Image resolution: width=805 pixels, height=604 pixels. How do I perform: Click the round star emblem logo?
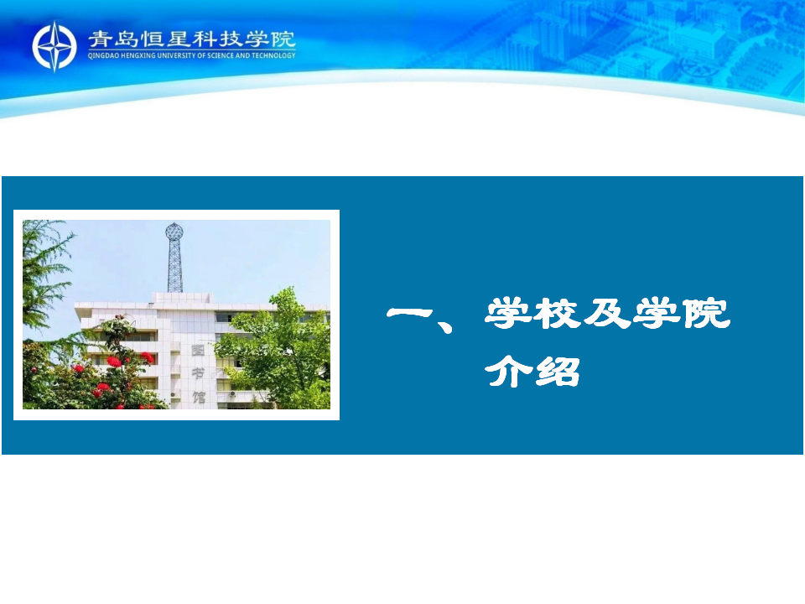point(55,46)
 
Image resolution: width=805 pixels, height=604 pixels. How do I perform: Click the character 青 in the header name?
point(100,39)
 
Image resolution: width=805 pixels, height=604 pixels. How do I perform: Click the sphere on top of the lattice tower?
point(174,232)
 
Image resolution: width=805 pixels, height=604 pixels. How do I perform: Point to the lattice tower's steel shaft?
point(174,267)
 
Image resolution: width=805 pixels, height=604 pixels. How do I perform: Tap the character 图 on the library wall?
point(198,351)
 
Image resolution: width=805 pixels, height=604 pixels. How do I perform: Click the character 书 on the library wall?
point(198,373)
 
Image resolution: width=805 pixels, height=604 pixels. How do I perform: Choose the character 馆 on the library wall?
point(198,397)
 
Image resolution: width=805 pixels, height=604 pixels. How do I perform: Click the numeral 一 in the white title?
point(410,313)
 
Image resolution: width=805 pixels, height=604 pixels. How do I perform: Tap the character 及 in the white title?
point(606,313)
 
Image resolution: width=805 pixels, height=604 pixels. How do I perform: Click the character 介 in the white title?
point(507,371)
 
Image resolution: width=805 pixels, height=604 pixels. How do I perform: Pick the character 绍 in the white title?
point(557,371)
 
